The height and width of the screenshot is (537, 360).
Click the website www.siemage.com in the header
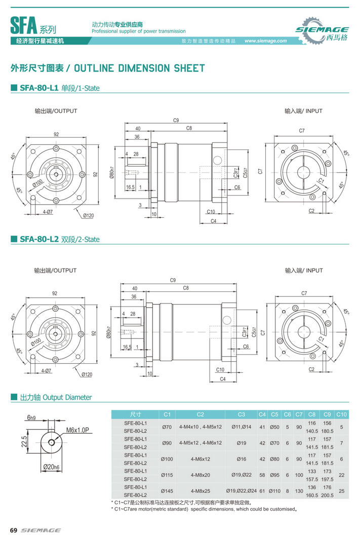pos(265,41)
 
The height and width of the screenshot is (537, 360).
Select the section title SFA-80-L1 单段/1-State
pos(59,88)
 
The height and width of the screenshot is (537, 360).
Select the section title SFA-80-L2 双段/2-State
pos(59,239)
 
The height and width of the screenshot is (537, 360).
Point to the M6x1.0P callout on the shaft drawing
pos(77,430)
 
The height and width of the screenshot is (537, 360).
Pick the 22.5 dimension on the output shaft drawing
pos(24,439)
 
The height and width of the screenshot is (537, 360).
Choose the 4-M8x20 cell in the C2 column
pos(201,475)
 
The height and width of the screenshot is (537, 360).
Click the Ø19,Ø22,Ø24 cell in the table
pos(241,491)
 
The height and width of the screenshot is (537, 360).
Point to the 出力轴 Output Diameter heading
pos(56,398)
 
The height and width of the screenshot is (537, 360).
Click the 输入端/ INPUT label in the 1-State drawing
pos(303,111)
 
